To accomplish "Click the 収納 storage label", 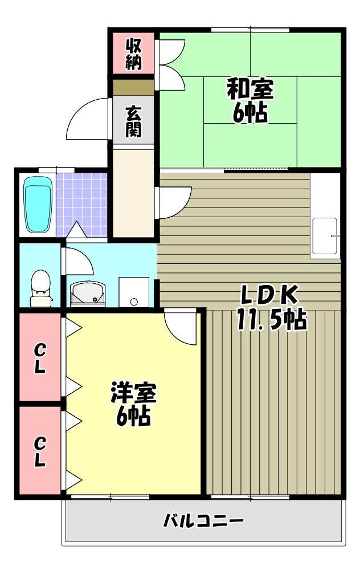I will click(133, 52).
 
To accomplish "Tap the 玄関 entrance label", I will click(133, 121).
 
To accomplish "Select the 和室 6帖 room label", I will click(250, 100).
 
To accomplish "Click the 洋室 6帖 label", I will click(134, 404).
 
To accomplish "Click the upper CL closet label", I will click(39, 357).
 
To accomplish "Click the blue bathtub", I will click(38, 205).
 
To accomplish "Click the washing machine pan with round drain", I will click(134, 292).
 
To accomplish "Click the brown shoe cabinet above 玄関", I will click(133, 87).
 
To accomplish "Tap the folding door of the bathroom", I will click(75, 231).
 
